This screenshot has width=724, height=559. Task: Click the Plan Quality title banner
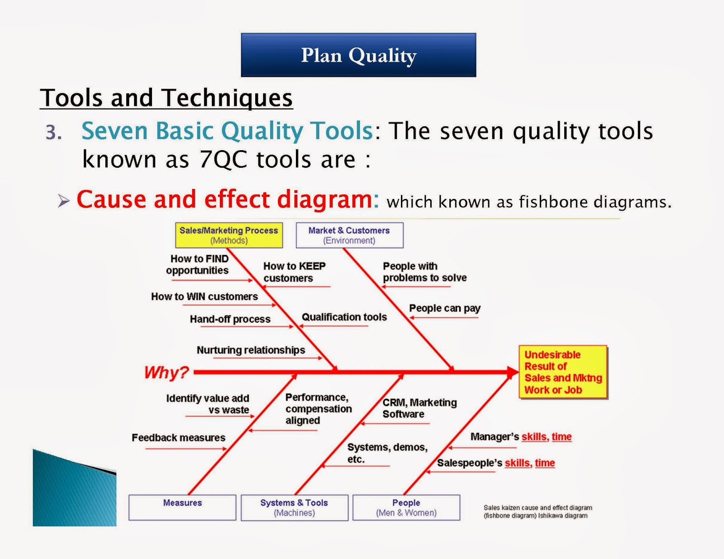[x=358, y=55]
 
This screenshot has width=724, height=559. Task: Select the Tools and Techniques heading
[x=166, y=98]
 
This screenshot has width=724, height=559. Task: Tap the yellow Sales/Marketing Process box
[x=229, y=235]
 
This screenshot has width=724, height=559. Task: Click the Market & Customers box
[x=349, y=235]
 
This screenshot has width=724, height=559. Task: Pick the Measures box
[x=182, y=507]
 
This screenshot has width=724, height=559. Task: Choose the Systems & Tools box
[x=295, y=507]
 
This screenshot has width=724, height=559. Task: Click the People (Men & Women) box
[x=406, y=507]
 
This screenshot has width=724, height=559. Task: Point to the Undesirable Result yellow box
[x=563, y=372]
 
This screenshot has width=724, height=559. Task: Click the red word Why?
[x=167, y=372]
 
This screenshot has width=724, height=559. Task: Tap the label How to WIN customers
[x=204, y=296]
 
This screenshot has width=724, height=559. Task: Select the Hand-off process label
[x=230, y=319]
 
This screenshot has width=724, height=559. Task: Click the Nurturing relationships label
[x=251, y=350]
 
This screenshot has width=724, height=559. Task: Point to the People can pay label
[x=445, y=308]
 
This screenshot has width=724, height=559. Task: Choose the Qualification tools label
[x=344, y=317]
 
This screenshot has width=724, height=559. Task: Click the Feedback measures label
[x=179, y=437]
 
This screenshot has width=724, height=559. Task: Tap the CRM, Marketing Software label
[x=419, y=408]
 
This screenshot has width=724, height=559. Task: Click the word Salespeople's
[x=470, y=463]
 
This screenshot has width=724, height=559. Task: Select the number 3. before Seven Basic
[x=54, y=133]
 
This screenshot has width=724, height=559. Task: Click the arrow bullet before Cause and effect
[x=64, y=201]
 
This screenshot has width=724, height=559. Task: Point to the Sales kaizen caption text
[x=538, y=512]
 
